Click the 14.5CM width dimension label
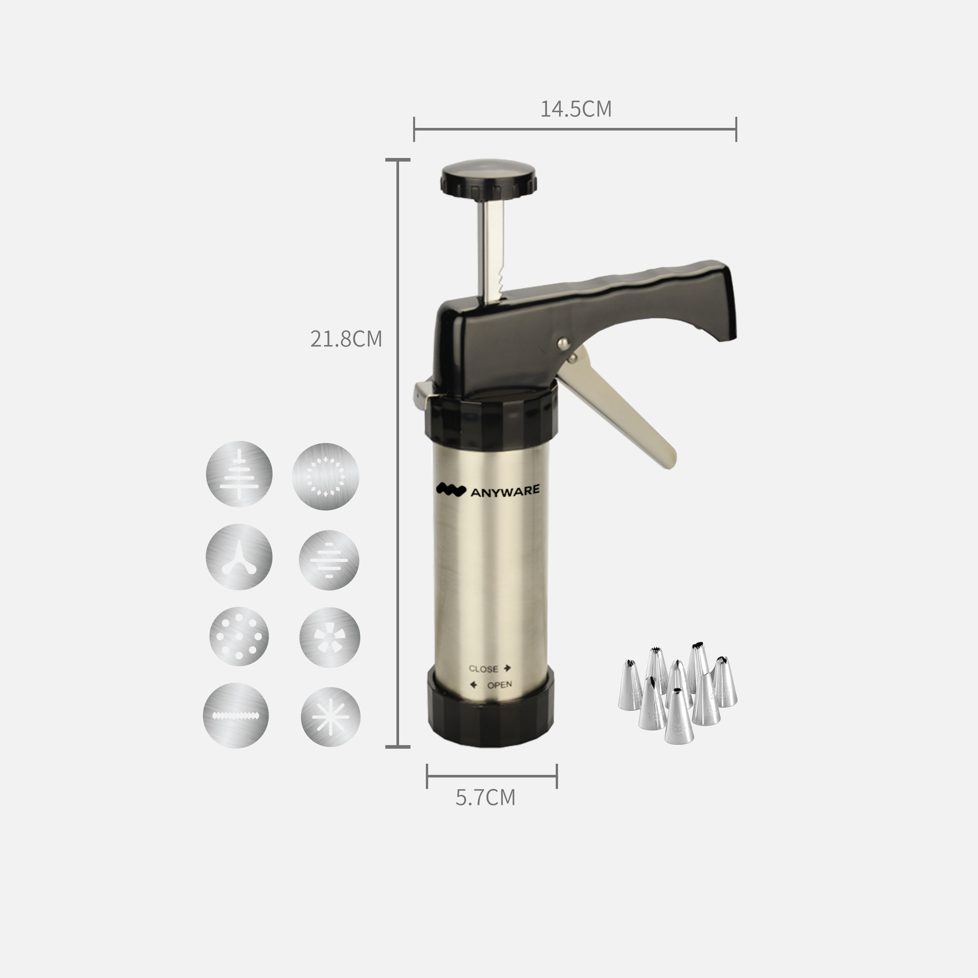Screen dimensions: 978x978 coord(576,109)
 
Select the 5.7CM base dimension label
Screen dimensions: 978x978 coord(485,797)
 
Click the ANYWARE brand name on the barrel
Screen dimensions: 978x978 coord(505,491)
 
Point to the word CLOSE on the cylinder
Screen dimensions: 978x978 coord(483,669)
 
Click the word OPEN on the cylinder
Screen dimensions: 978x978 coord(499,685)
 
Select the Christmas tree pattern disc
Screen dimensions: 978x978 coord(239,474)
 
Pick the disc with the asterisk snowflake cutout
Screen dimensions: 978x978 coord(331,717)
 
